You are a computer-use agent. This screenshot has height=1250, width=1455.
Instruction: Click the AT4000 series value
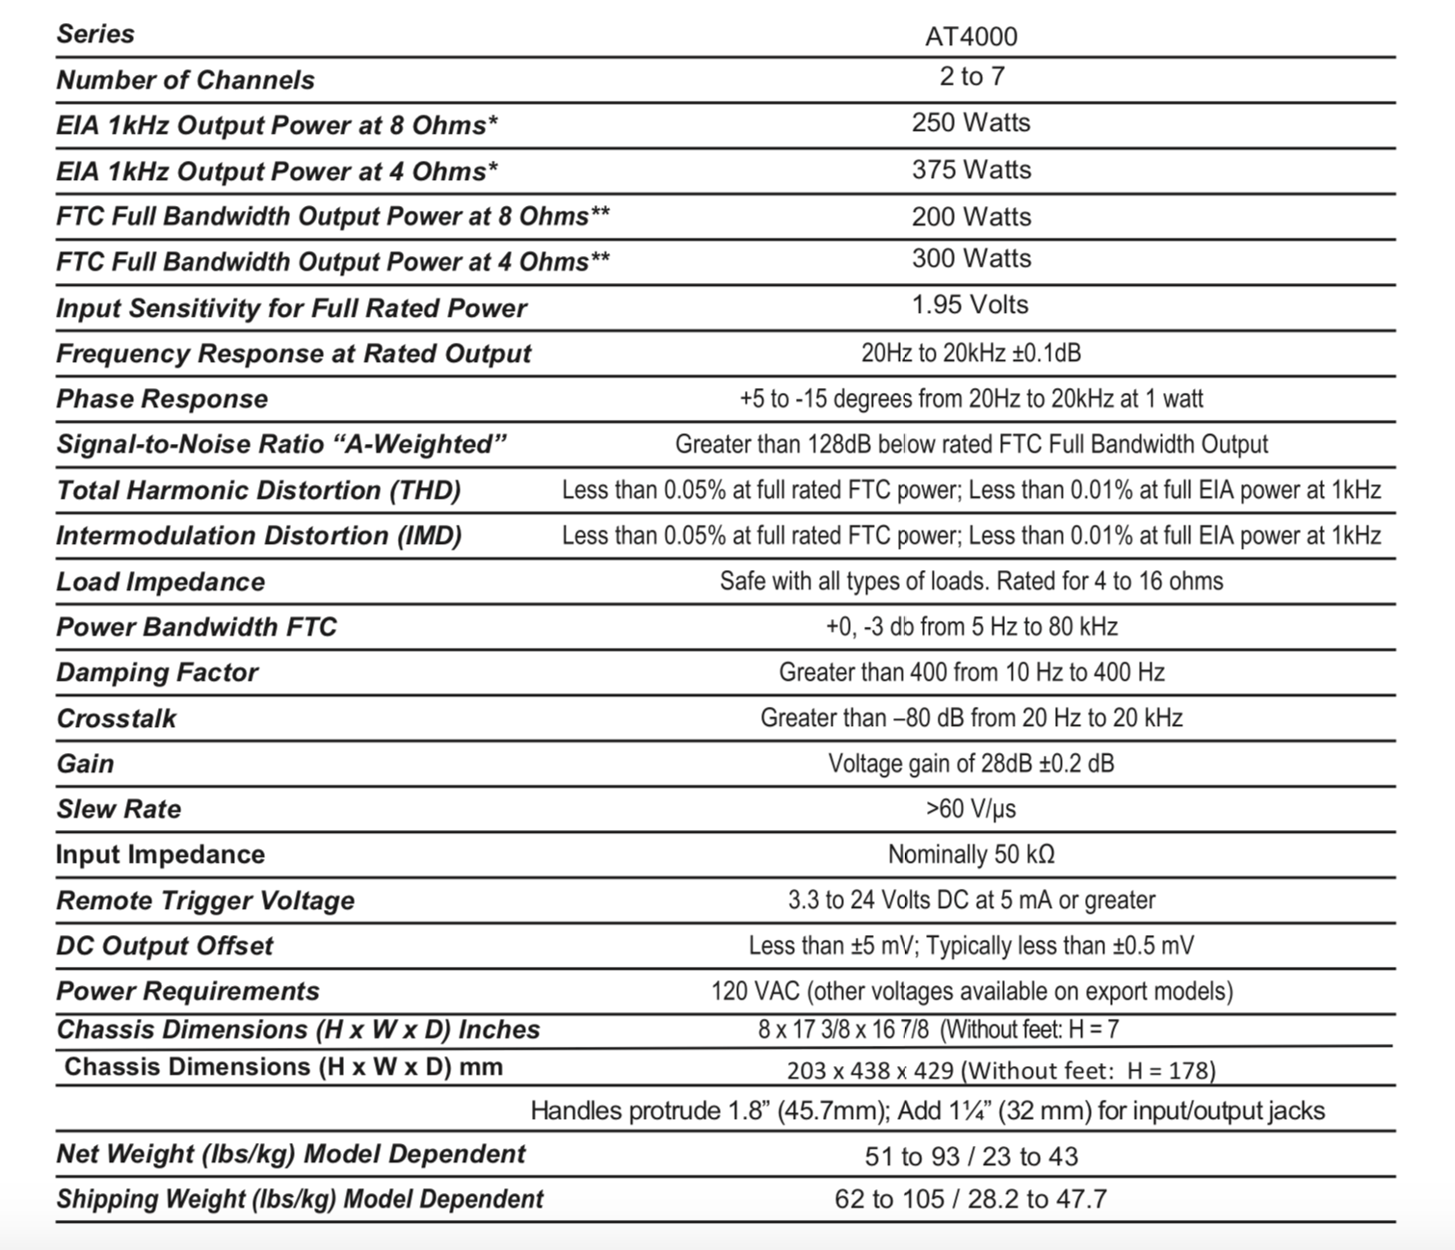[x=971, y=37]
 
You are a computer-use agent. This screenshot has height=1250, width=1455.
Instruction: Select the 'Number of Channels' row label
[x=185, y=80]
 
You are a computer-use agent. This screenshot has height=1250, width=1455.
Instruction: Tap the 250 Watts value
[x=971, y=123]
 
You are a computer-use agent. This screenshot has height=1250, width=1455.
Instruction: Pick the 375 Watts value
[x=971, y=169]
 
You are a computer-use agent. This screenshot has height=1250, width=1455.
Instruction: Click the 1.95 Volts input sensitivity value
[x=971, y=305]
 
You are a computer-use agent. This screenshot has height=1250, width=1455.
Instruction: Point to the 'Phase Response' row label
[x=162, y=399]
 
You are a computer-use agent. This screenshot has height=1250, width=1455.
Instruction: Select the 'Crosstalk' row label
[x=117, y=718]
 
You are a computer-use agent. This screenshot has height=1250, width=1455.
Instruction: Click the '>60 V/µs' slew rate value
[x=971, y=809]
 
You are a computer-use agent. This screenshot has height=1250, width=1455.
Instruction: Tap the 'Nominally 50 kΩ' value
[x=971, y=854]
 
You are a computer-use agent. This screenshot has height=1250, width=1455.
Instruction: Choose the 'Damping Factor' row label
[x=157, y=672]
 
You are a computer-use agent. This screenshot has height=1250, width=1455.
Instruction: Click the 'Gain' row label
[x=85, y=764]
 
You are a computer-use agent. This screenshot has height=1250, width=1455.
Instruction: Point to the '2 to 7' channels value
[x=971, y=76]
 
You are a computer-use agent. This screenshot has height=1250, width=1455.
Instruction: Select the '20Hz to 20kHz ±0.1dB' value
[x=971, y=353]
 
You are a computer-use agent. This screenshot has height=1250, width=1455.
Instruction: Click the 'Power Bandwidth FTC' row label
[x=197, y=627]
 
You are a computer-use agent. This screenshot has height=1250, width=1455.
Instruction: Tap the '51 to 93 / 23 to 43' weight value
[x=971, y=1157]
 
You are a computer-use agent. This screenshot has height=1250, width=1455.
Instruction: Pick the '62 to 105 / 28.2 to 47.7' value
[x=971, y=1199]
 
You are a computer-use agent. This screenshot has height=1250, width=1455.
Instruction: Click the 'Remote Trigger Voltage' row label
[x=205, y=900]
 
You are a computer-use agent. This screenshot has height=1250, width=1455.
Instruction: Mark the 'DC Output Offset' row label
[x=165, y=946]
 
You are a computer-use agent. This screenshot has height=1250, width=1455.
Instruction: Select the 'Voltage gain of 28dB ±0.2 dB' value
[x=971, y=764]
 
